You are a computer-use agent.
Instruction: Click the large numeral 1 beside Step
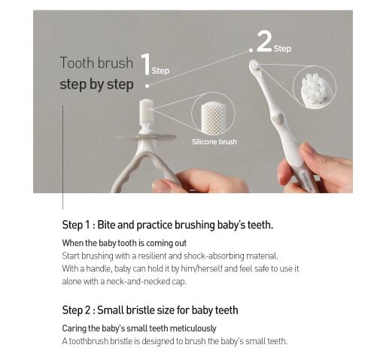pos(145,64)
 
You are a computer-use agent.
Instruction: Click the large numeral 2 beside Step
pos(264,41)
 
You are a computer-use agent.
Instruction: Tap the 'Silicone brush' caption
pos(214,142)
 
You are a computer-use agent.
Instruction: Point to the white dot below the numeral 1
pos(147,86)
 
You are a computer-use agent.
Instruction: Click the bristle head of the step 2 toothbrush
pos(254,65)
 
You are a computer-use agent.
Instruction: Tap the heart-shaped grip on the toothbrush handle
pos(278,118)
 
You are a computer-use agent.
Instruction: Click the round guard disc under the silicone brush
pos(146,137)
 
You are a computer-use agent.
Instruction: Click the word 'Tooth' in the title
pos(78,62)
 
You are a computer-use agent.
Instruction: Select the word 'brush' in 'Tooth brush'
pos(115,62)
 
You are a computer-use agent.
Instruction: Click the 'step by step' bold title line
pos(96,84)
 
